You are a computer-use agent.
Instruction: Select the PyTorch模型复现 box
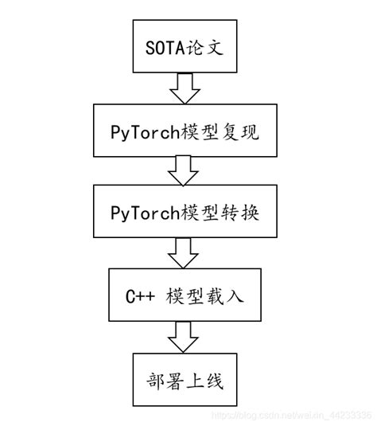coord(188,131)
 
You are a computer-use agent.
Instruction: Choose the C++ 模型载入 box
coord(188,295)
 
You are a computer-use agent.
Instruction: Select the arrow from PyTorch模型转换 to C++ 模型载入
coord(188,254)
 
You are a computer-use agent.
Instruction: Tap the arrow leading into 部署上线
coord(188,336)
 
